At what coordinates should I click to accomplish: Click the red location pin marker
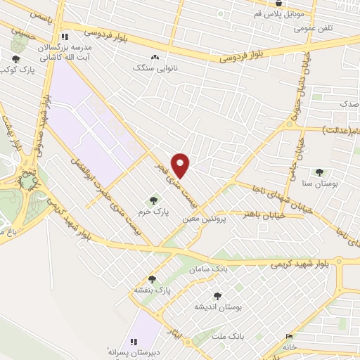(x=181, y=165)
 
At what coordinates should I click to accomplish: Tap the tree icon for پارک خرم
(x=153, y=200)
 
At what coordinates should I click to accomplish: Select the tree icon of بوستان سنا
(x=319, y=172)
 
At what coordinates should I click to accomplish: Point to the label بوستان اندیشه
(x=218, y=307)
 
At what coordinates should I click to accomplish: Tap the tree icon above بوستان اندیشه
(x=217, y=296)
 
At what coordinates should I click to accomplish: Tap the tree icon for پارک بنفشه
(x=160, y=279)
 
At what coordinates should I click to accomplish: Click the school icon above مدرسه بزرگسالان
(x=65, y=36)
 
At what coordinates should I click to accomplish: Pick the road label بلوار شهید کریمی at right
(x=302, y=264)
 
